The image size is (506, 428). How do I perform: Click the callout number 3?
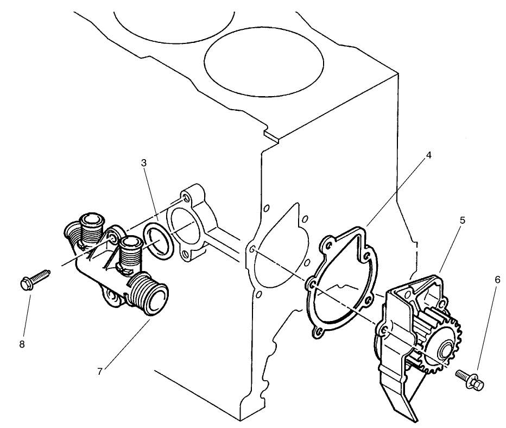[143, 162]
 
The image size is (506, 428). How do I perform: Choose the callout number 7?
[100, 371]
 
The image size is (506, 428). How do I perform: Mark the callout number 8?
[22, 344]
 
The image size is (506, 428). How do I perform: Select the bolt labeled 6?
[471, 379]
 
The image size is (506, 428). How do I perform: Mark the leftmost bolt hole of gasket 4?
[312, 284]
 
